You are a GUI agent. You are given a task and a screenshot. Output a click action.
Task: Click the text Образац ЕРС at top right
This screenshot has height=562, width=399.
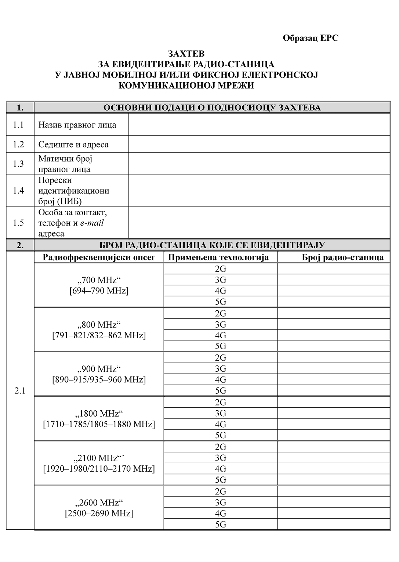coord(310,38)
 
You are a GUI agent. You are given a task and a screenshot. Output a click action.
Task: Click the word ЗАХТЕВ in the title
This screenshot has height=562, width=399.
coord(186,54)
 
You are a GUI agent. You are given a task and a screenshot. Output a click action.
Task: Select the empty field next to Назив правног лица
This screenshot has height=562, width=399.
coord(259,125)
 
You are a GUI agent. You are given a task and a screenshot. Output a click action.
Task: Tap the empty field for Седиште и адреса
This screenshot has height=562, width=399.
coord(259,144)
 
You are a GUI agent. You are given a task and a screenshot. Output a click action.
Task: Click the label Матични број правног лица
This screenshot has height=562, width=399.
coord(65,163)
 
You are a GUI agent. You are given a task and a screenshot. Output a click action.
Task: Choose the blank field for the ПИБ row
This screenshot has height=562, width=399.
coord(259,190)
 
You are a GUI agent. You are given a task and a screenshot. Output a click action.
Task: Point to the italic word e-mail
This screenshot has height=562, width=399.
coord(92,223)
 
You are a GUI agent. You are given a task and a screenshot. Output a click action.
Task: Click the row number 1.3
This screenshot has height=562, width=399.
coord(18,163)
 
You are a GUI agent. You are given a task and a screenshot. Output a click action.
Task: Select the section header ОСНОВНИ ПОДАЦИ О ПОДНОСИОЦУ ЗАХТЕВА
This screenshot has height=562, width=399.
coord(212,108)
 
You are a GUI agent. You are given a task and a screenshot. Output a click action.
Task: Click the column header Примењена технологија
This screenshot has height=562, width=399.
coord(218,257)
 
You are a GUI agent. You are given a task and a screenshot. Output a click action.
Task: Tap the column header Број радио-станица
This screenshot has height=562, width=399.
coord(342,257)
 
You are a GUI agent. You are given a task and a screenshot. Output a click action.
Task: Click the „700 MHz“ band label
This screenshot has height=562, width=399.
coord(99,280)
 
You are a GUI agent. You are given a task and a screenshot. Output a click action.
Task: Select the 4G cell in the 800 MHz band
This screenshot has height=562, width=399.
coord(221,335)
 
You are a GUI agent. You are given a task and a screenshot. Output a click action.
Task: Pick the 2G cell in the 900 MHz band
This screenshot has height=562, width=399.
coord(221,358)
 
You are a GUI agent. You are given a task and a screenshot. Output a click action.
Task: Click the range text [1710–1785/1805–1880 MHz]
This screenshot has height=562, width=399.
coord(99,424)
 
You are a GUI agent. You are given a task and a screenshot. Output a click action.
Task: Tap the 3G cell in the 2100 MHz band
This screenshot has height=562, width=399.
coord(221,458)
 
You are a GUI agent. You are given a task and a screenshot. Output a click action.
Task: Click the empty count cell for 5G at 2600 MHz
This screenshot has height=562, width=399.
coord(333,524)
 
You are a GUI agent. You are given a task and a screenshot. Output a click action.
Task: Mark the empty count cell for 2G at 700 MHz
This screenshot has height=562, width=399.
coord(333,269)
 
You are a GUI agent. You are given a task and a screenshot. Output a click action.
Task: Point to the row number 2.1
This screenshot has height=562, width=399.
coord(20,390)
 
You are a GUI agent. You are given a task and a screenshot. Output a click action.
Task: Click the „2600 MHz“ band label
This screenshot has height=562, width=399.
coord(99,502)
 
